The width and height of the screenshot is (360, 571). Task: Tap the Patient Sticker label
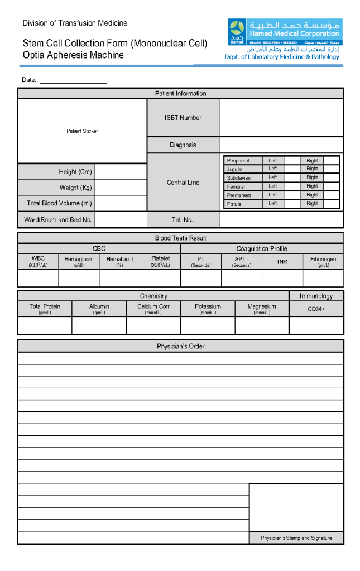coord(82,131)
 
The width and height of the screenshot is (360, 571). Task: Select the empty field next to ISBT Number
coord(281,118)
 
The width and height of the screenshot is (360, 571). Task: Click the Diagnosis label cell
coord(183,145)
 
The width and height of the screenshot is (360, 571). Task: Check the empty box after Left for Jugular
coord(292,169)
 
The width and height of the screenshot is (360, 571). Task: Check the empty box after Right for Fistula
coord(331,204)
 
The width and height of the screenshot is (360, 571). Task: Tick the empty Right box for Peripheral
coord(331,160)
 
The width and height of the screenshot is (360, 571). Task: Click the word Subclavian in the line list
coord(238,177)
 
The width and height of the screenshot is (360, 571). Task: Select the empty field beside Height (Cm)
coord(121,172)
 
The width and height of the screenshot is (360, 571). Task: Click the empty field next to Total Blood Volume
coord(121,203)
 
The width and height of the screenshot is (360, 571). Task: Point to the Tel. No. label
coord(183,220)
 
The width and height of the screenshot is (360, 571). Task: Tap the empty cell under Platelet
coord(160,278)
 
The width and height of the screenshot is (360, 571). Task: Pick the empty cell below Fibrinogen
coord(323,278)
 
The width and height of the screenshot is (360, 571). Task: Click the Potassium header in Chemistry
coord(208,309)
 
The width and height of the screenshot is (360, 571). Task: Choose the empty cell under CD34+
coord(316,325)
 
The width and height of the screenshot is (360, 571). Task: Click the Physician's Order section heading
coord(180,346)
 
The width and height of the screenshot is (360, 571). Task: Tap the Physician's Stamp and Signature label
coord(296,538)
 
